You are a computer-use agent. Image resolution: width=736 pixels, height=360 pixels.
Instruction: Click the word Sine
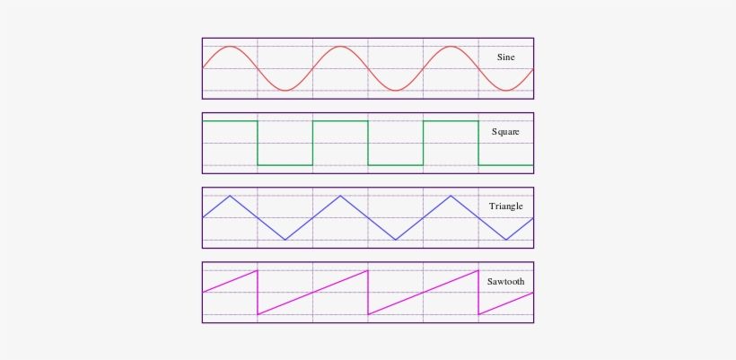[x=506, y=57]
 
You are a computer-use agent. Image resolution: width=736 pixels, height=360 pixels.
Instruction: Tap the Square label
[x=505, y=132]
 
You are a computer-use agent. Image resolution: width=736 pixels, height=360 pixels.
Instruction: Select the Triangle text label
[x=505, y=206]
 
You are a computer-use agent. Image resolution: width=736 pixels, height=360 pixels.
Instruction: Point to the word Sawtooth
[x=505, y=281]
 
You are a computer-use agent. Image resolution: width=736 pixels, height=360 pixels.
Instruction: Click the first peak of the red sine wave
[x=231, y=47]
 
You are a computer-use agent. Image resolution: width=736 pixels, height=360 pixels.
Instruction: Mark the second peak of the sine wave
[x=341, y=47]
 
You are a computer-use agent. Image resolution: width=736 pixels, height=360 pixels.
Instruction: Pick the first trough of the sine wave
[x=285, y=90]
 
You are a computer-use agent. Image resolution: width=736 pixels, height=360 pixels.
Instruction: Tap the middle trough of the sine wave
[x=396, y=90]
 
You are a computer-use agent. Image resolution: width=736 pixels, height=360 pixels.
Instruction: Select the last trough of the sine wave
[x=506, y=90]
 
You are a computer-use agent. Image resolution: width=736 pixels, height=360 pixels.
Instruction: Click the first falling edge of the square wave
[x=258, y=143]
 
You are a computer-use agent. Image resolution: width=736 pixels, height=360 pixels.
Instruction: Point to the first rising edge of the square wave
[x=313, y=143]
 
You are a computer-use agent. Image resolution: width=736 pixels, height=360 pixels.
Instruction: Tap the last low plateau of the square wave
[x=505, y=165]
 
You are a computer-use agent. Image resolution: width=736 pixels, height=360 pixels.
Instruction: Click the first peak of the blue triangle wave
[x=231, y=196]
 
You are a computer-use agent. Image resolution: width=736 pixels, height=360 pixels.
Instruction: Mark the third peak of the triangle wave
[x=451, y=196]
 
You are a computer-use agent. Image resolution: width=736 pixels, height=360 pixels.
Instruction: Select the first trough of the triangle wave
[x=285, y=240]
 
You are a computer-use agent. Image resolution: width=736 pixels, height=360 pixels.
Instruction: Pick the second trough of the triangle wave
[x=396, y=240]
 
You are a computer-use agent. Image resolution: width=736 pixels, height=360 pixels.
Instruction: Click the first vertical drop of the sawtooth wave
[x=258, y=292]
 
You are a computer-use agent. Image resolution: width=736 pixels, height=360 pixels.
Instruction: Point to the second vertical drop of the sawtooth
[x=368, y=292]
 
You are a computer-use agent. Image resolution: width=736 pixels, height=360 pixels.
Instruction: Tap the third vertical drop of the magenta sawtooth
[x=478, y=292]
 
